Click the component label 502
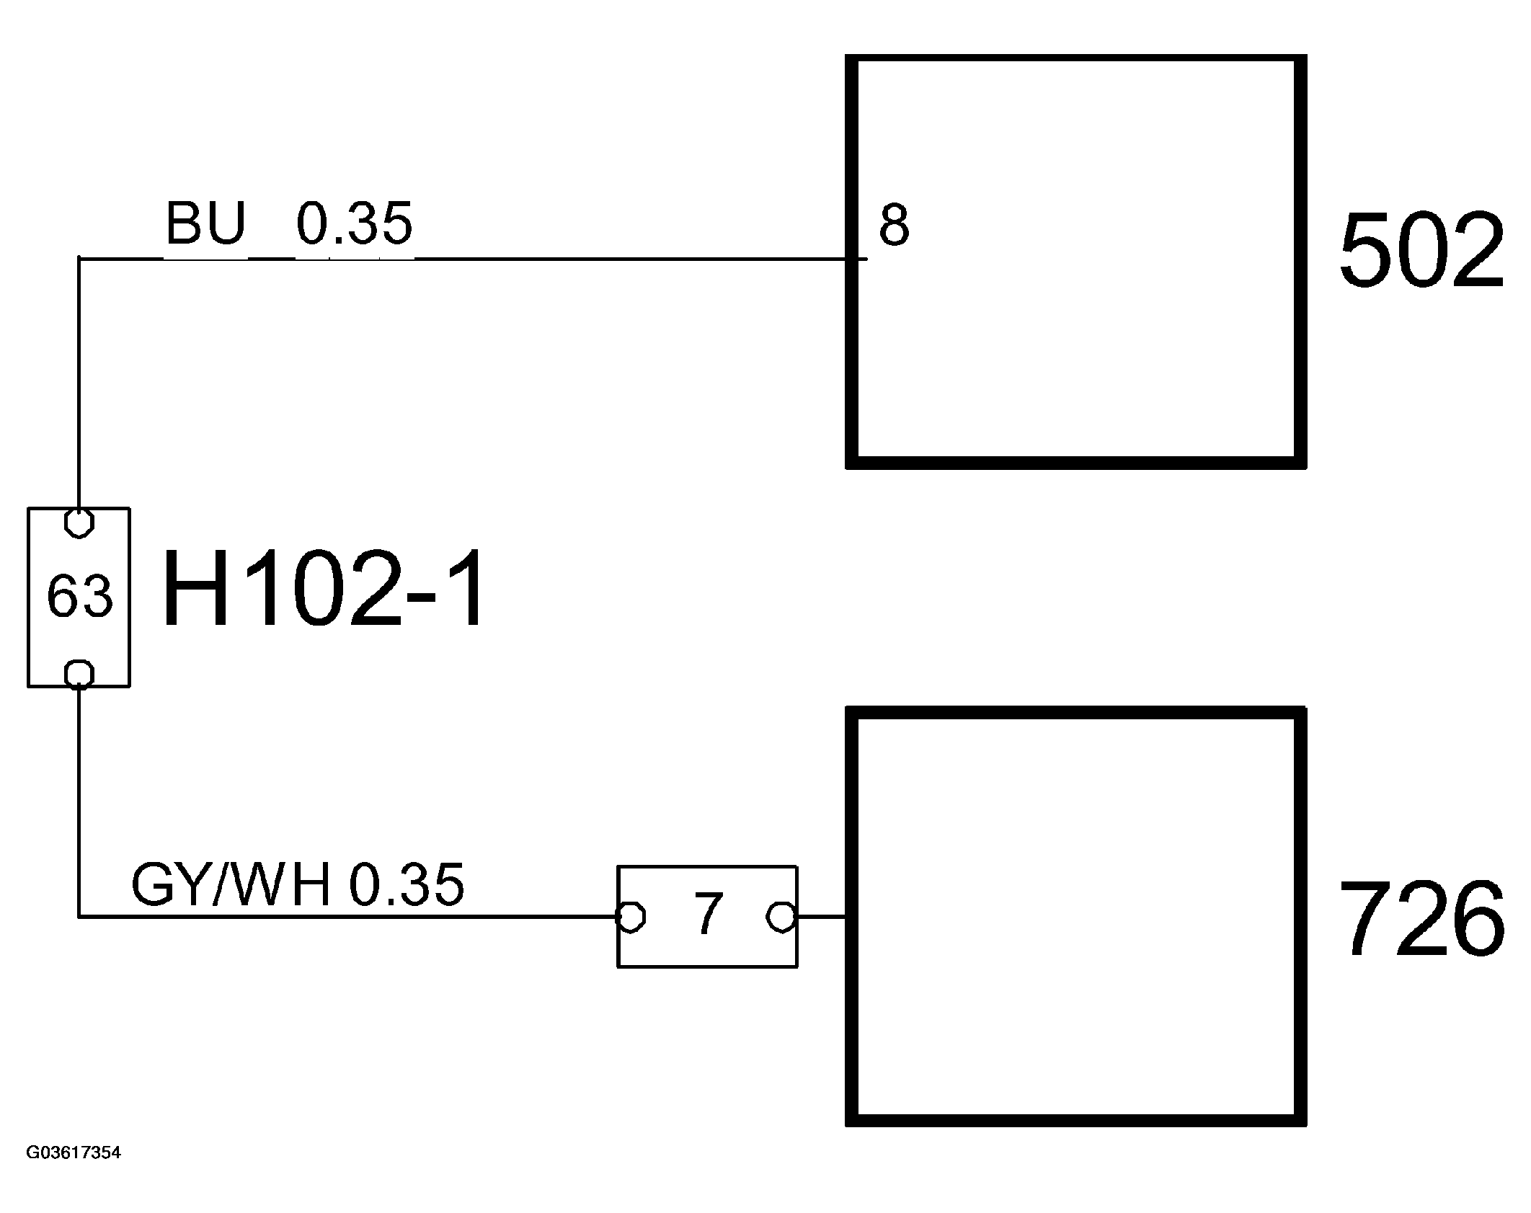(x=1421, y=251)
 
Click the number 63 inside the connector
(x=79, y=597)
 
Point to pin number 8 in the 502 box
(x=894, y=226)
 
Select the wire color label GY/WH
(x=231, y=885)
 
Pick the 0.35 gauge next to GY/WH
(x=407, y=885)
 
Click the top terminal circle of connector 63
(x=79, y=523)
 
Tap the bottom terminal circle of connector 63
(x=79, y=675)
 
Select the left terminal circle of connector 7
(x=631, y=917)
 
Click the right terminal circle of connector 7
(x=781, y=917)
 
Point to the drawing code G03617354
(x=74, y=1173)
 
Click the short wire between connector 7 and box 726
(x=821, y=917)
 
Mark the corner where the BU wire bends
(x=79, y=258)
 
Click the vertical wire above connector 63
(x=79, y=382)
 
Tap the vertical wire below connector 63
(x=79, y=800)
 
